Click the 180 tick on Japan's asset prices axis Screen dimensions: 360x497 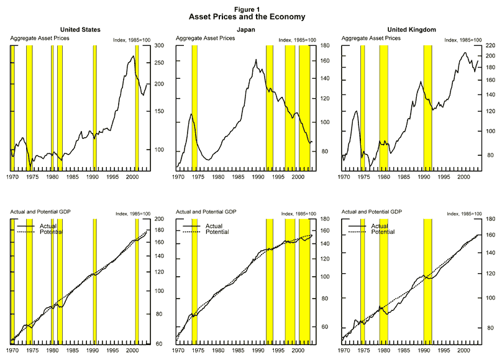pos(323,46)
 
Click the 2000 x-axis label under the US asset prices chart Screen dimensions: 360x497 pos(132,177)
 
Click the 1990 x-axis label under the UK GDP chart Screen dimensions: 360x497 pos(423,351)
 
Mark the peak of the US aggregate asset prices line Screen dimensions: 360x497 pos(133,56)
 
